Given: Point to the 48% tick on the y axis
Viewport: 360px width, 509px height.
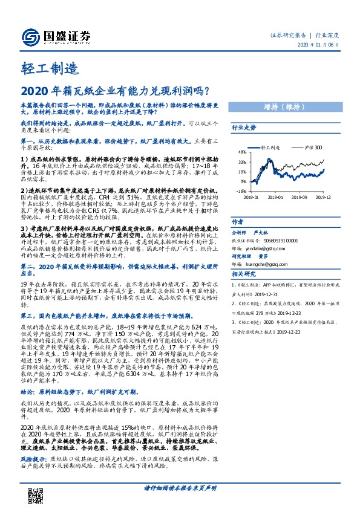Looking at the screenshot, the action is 242,152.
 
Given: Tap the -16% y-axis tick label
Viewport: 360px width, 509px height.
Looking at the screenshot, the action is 241,190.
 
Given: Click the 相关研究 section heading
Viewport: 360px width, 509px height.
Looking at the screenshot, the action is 244,274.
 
